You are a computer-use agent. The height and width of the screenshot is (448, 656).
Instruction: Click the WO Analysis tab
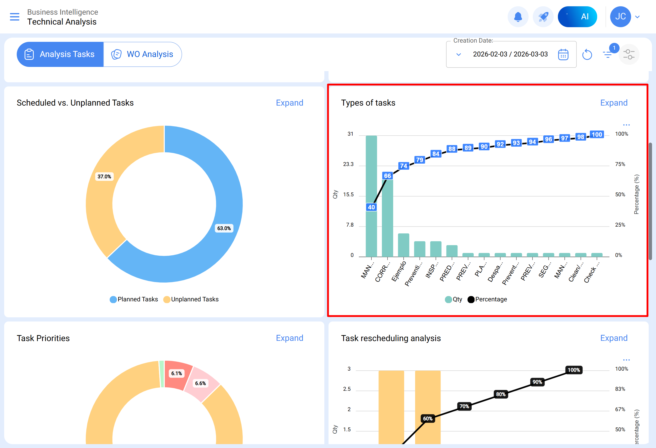point(143,54)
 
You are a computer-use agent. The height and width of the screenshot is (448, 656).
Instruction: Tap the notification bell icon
point(518,17)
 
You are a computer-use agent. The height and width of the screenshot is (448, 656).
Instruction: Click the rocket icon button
point(543,17)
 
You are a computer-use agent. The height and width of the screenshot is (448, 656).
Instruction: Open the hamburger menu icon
point(15,17)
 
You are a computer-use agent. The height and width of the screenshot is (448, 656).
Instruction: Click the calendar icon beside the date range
point(563,54)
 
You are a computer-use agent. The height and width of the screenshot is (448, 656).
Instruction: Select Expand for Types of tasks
point(614,103)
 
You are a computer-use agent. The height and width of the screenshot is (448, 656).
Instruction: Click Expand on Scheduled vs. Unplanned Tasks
point(289,103)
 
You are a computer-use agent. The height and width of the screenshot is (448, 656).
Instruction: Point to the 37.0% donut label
point(104,177)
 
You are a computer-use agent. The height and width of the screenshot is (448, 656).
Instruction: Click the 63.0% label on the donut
point(224,228)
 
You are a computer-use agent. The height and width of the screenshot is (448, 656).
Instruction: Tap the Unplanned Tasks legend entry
point(191,299)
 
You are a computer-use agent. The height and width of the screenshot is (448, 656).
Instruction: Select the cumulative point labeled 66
point(387,176)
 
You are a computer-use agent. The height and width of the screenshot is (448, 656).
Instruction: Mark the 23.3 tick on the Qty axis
point(348,164)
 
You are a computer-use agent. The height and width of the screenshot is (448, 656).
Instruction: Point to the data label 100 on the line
point(597,135)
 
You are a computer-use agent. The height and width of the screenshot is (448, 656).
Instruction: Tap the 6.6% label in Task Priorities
point(200,383)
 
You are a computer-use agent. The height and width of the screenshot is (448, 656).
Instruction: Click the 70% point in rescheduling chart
point(464,406)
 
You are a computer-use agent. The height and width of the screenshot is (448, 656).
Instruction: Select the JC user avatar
point(620,17)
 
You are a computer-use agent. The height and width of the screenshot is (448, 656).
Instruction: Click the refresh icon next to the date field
point(587,54)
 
